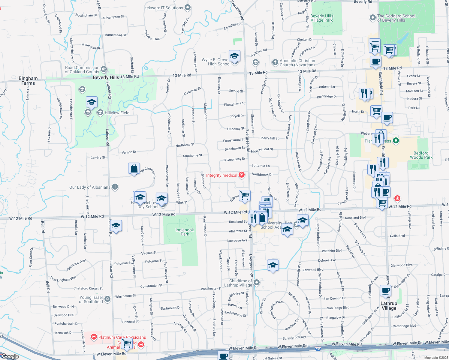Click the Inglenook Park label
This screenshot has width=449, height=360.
pos(185,232)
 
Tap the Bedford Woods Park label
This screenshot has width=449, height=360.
pos(421,155)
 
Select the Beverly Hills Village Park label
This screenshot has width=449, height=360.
pos(322,18)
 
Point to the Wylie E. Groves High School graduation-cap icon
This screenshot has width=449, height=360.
pos(234,56)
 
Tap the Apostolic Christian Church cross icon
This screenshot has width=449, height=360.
pos(275,62)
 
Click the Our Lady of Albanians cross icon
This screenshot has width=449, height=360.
pos(115,187)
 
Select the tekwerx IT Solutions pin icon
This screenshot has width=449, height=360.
pos(188,7)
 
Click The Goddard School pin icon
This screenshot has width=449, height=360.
pos(372,18)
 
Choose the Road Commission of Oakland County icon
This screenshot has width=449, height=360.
pos(104,69)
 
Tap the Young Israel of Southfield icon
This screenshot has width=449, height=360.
pos(107,299)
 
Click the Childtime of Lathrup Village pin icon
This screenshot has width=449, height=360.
pos(257,283)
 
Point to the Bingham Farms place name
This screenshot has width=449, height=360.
pos(28,81)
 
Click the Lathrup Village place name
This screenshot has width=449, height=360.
pos(389,306)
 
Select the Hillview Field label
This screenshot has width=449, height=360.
pos(117,113)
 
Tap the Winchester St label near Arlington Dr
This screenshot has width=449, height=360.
pos(211,289)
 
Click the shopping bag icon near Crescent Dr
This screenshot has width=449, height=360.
pos(134,169)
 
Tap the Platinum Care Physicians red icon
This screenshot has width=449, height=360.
pos(94,337)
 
